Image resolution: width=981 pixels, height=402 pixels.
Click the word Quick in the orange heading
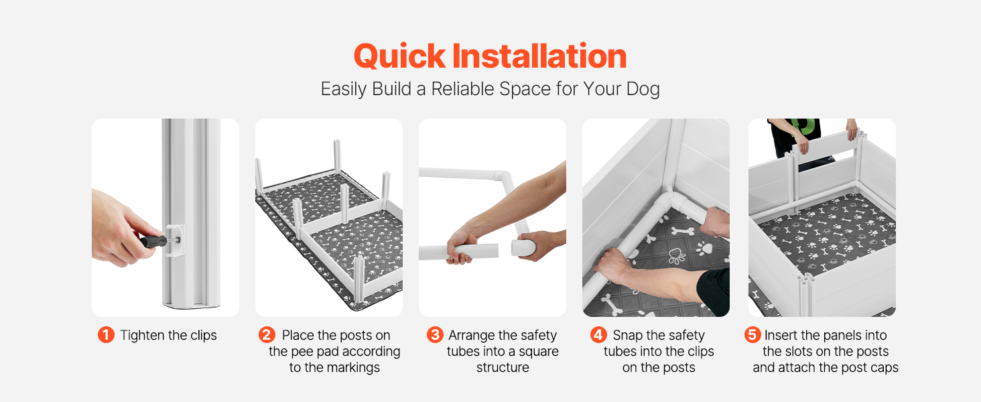[399, 56]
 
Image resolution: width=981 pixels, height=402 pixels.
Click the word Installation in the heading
[539, 56]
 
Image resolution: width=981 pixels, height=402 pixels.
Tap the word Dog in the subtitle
[643, 89]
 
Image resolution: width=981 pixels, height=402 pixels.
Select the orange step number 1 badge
[106, 335]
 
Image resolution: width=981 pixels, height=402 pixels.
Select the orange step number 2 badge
[267, 335]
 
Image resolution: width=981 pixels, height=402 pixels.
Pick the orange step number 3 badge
[435, 335]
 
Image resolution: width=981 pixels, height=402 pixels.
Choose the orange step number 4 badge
[598, 335]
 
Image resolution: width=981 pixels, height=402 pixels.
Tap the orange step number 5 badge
[753, 335]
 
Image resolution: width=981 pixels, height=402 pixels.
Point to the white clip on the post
[175, 241]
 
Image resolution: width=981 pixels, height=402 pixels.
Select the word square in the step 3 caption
[539, 352]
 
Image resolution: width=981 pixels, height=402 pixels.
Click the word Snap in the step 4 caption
[627, 336]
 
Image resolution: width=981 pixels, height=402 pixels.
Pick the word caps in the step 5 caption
[885, 368]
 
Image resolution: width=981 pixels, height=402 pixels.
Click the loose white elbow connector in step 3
[524, 247]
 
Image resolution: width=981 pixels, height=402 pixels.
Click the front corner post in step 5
[806, 295]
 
